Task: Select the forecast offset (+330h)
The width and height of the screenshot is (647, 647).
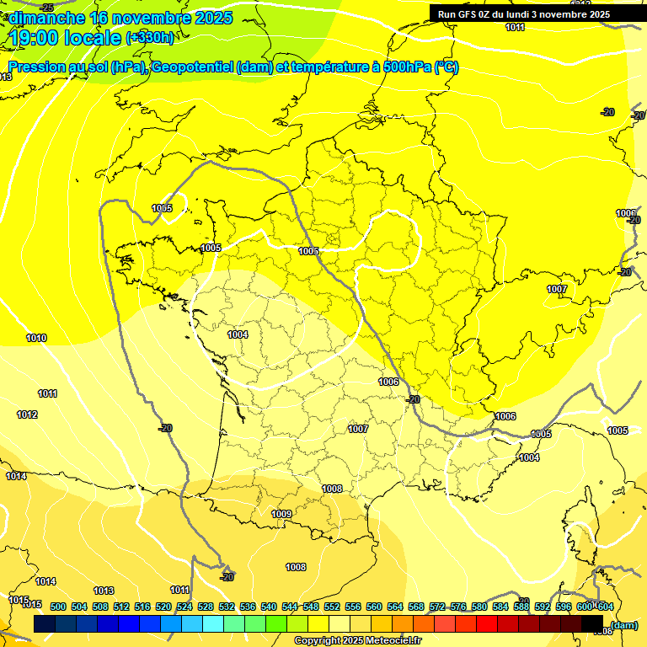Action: coord(150,37)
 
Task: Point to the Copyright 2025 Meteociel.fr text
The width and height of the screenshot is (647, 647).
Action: coord(358,641)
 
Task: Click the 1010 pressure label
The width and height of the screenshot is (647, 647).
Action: coord(36,339)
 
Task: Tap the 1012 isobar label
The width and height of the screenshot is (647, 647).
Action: coord(27,414)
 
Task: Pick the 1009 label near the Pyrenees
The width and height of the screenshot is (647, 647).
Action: coord(281,514)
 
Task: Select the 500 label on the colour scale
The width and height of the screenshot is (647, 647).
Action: coord(58,607)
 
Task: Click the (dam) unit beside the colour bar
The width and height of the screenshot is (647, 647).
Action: coord(623,624)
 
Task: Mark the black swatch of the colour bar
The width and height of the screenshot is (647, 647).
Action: coord(592,624)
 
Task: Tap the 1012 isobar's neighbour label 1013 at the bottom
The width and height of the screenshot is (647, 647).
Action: coord(104,591)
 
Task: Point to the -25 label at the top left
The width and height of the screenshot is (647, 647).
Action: coord(46,8)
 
